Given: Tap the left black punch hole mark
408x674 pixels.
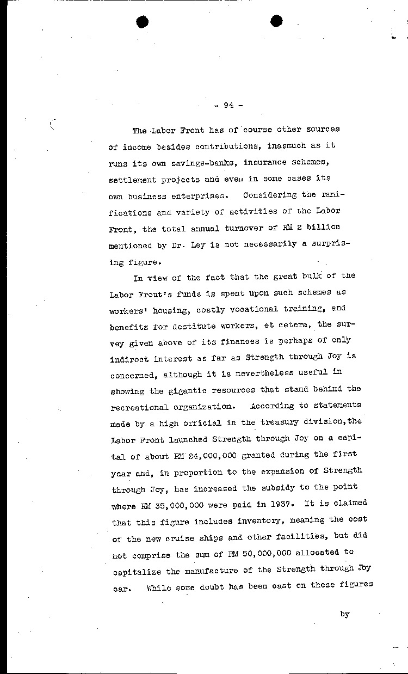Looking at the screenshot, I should (x=143, y=22).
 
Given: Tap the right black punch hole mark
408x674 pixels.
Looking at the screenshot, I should (x=276, y=22).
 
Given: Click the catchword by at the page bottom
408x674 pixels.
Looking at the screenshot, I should (x=344, y=614).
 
